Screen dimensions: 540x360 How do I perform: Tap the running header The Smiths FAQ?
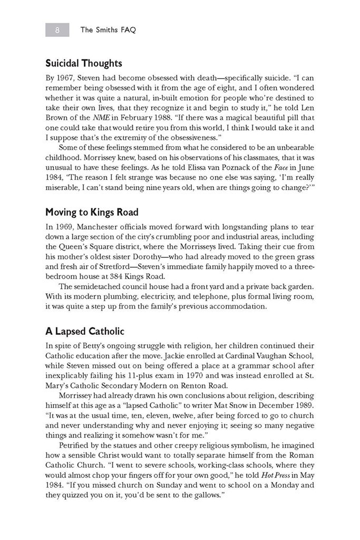coord(108,30)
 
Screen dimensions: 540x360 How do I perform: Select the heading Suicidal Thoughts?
coord(84,63)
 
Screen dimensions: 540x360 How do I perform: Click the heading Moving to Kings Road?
coord(92,213)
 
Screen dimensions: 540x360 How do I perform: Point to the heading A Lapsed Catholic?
coord(85,331)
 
